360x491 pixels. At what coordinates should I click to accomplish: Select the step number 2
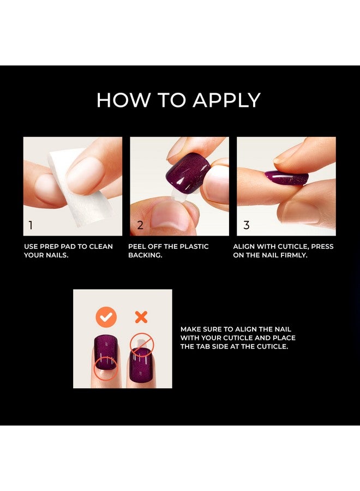click(x=140, y=225)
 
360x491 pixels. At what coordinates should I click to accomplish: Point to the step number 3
click(x=247, y=225)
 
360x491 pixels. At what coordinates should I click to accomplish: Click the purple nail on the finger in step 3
click(x=286, y=178)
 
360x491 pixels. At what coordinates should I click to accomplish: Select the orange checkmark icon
click(x=105, y=317)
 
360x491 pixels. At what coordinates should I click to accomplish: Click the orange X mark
click(x=141, y=317)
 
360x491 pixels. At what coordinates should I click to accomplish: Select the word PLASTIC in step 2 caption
click(x=191, y=247)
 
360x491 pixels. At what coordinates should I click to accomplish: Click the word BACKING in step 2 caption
click(x=145, y=255)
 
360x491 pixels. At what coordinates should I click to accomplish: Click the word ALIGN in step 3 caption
click(x=245, y=247)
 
